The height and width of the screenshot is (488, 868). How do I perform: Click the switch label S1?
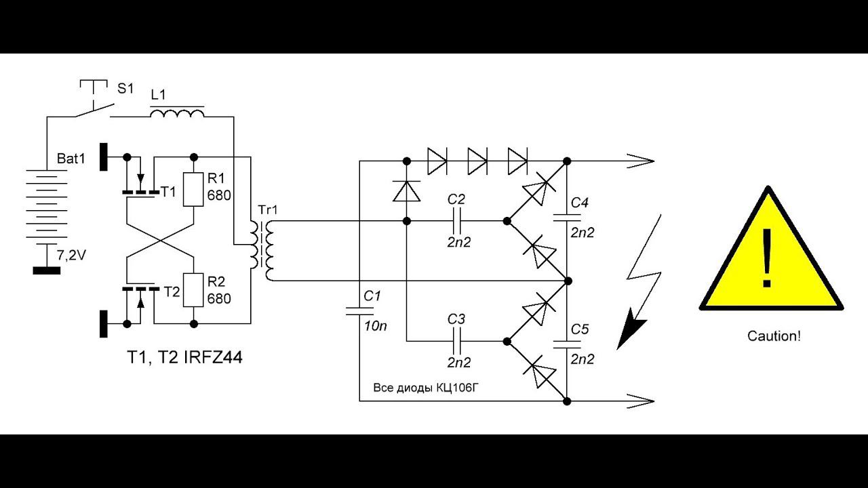[x=125, y=88]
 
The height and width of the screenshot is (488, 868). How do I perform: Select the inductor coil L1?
[x=177, y=113]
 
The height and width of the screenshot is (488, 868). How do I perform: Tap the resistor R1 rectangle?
[x=193, y=189]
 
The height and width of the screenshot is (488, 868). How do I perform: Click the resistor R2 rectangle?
[x=193, y=290]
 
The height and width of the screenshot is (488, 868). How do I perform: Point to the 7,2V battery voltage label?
[x=71, y=256]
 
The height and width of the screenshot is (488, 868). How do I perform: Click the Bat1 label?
[x=71, y=159]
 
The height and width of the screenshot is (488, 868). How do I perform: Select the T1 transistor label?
[x=168, y=191]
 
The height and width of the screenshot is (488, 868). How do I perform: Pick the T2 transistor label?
[x=172, y=291]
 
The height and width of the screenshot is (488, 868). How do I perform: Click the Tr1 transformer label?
[x=268, y=210]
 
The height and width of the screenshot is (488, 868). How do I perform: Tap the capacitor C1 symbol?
[x=359, y=311]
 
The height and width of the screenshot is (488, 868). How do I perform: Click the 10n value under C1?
[x=375, y=326]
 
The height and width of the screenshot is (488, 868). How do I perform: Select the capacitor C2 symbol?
[x=456, y=221]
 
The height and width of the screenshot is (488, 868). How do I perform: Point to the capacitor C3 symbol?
[x=456, y=341]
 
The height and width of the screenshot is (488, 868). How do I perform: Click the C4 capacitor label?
[x=579, y=203]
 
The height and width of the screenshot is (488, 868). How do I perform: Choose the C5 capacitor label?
[x=579, y=329]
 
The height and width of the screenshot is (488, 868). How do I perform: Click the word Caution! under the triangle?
[x=774, y=335]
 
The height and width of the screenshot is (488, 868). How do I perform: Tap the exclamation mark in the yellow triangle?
[x=767, y=258]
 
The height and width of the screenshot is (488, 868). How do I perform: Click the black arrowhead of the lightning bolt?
[x=629, y=329]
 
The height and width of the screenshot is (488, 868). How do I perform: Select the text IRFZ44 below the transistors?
[x=213, y=357]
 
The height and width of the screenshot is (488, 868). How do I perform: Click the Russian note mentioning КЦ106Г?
[x=426, y=388]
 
